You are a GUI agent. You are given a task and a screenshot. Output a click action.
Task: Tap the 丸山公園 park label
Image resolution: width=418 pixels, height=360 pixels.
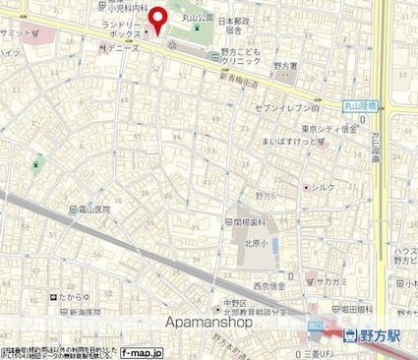[185, 17]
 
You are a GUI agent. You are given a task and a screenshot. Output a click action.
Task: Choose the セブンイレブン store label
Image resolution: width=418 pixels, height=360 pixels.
[282, 106]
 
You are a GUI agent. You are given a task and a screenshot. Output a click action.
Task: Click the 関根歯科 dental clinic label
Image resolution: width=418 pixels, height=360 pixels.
[250, 222]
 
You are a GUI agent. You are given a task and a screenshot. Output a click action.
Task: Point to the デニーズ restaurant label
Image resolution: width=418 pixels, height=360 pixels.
[124, 46]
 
